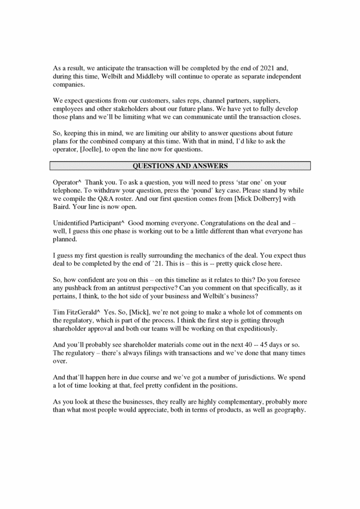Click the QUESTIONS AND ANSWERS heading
pos(180,166)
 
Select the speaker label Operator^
pos(66,181)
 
